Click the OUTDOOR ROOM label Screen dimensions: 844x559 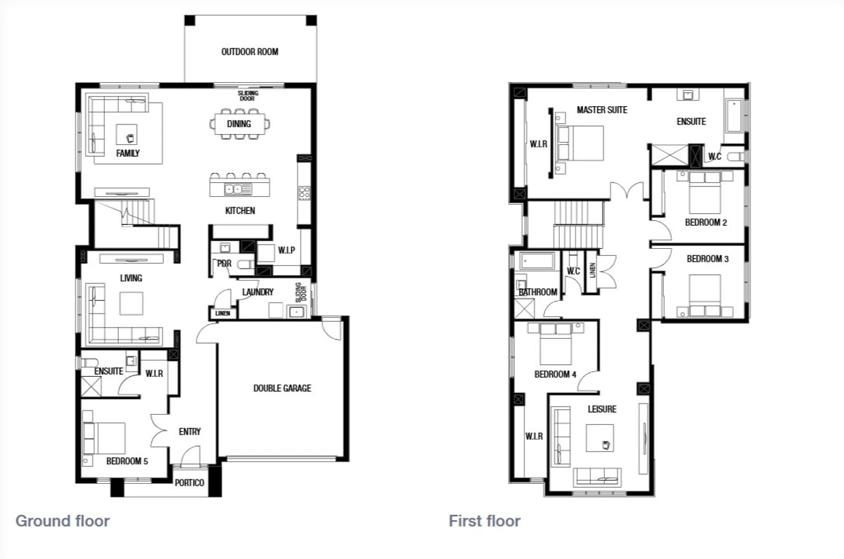click(250, 51)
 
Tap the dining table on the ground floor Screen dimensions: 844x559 click(240, 124)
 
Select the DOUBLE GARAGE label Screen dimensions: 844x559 click(282, 388)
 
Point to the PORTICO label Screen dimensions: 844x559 click(189, 482)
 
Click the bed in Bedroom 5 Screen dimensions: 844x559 click(104, 438)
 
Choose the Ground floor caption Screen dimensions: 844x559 click(63, 521)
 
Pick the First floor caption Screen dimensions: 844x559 click(485, 521)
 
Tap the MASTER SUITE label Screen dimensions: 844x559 click(602, 110)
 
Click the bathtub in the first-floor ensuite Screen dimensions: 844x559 click(734, 115)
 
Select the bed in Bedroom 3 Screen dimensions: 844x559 click(705, 295)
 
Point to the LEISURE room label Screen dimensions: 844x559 click(602, 409)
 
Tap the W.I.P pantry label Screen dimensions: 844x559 click(286, 250)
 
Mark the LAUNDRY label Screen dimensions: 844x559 click(257, 292)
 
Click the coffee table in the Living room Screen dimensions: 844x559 click(132, 303)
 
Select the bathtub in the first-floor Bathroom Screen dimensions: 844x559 click(537, 261)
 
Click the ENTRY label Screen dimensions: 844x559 click(189, 432)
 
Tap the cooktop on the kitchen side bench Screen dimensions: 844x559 click(304, 193)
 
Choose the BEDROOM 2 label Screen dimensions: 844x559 click(705, 222)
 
